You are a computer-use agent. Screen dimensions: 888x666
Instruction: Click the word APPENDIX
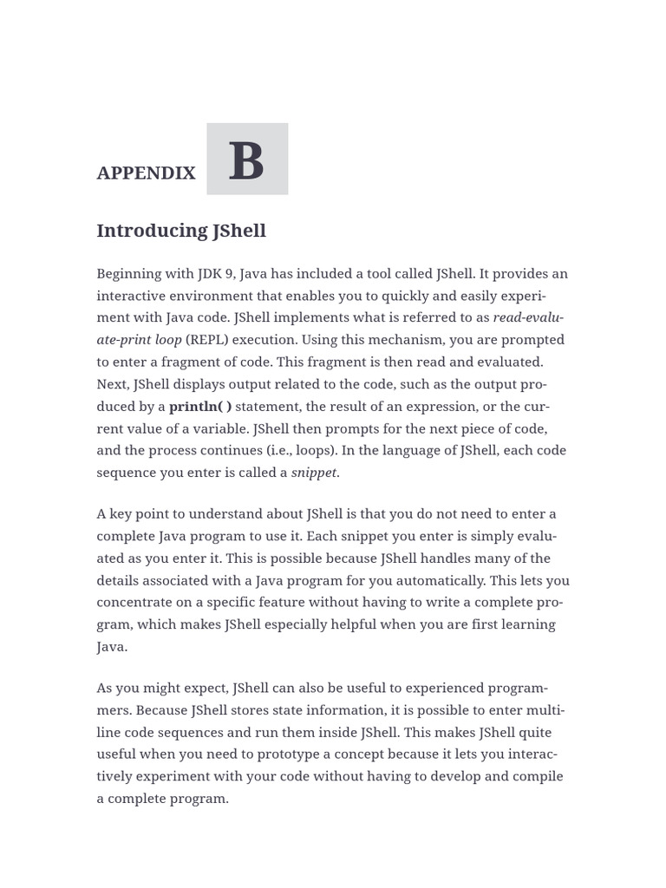coord(146,173)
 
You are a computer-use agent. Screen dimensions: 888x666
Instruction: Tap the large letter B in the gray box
coord(246,161)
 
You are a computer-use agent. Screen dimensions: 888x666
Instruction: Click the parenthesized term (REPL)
coord(208,340)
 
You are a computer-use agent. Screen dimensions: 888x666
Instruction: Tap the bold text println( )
coord(200,407)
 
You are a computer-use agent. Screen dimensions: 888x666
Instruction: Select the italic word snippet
coord(314,473)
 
